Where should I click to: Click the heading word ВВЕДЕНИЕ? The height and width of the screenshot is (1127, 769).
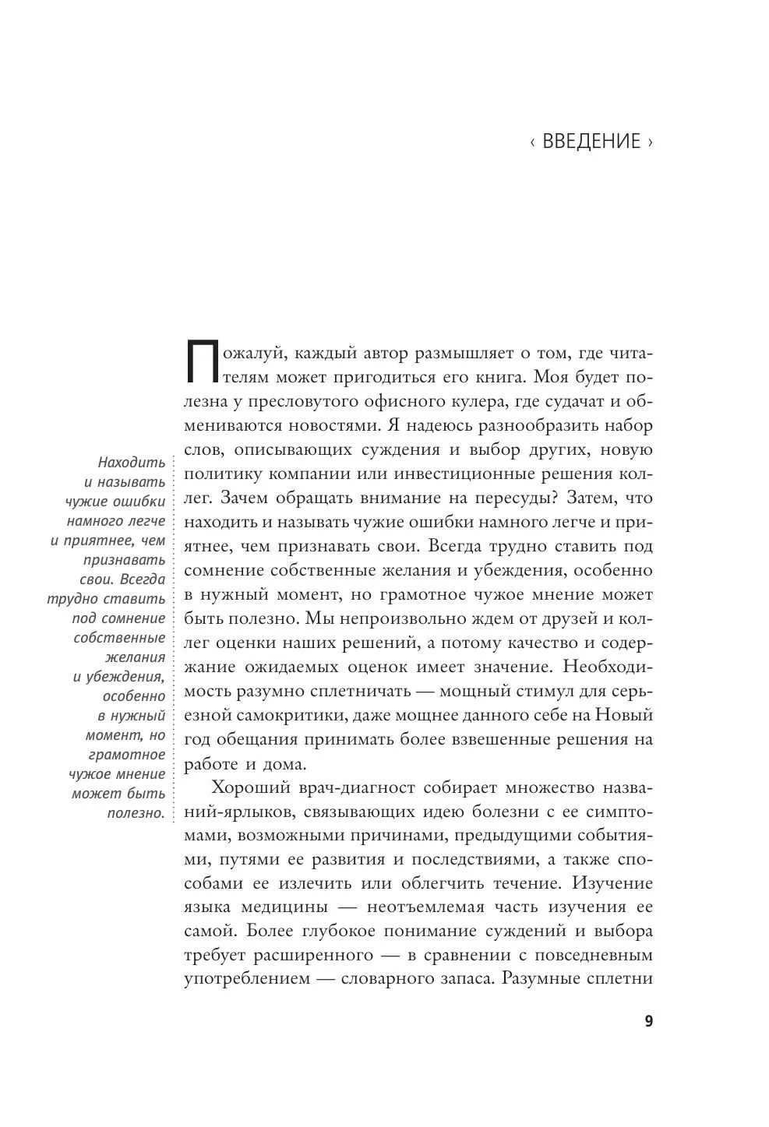[591, 142]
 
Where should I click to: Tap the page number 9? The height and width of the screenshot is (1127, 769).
[648, 1022]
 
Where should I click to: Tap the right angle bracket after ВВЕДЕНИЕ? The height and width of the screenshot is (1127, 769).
[650, 143]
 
